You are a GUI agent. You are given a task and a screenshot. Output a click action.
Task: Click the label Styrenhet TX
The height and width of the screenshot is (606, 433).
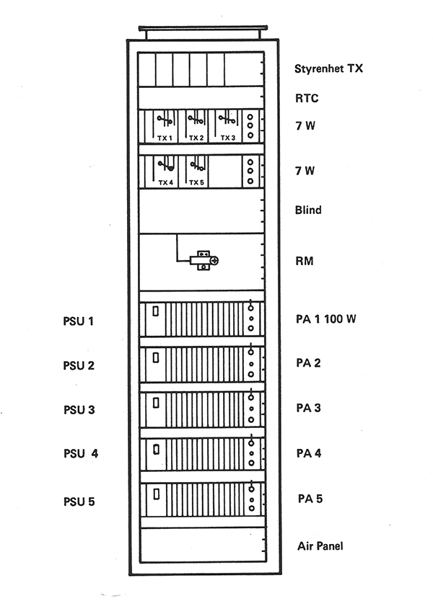[x=328, y=68]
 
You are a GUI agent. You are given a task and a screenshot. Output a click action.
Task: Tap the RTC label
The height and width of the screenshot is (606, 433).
[x=307, y=98]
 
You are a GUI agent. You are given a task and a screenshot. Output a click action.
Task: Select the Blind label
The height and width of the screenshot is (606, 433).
[x=308, y=210]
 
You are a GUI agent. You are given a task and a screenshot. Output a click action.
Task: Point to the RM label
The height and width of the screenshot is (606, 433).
[x=304, y=261]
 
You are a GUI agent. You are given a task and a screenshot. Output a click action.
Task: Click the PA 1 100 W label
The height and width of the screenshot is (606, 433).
[x=325, y=318]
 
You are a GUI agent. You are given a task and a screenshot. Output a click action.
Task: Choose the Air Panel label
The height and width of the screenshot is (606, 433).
[x=320, y=546]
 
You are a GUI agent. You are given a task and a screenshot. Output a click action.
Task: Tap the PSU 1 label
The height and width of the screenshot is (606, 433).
[x=79, y=321]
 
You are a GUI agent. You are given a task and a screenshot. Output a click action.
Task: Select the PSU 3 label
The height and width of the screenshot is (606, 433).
[x=79, y=410]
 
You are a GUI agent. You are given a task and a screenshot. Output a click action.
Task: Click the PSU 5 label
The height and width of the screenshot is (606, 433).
[x=79, y=502]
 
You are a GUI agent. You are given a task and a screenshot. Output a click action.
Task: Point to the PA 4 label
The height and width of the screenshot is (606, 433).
[x=309, y=453]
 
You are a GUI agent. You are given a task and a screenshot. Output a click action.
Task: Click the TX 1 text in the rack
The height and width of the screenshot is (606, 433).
[x=165, y=138]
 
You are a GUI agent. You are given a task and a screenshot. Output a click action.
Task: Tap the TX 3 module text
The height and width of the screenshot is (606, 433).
[x=228, y=138]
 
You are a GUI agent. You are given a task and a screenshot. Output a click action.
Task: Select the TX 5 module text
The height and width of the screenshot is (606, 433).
[x=196, y=182]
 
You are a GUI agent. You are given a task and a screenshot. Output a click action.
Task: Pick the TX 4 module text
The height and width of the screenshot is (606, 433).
[x=165, y=182]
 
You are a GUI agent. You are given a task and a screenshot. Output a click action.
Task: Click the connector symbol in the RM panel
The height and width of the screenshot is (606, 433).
[x=204, y=261]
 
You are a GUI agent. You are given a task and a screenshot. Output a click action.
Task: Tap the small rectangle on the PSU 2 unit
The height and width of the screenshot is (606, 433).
[x=156, y=358]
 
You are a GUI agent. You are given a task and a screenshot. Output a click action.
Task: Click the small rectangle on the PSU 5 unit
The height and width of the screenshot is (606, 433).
[x=157, y=494]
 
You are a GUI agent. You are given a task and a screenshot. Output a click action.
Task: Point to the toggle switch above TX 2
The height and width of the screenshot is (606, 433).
[x=196, y=120]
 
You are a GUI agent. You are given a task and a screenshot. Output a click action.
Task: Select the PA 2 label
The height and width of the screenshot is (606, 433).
[x=308, y=363]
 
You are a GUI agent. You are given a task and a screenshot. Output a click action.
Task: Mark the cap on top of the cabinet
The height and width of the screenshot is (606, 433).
[x=204, y=28]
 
